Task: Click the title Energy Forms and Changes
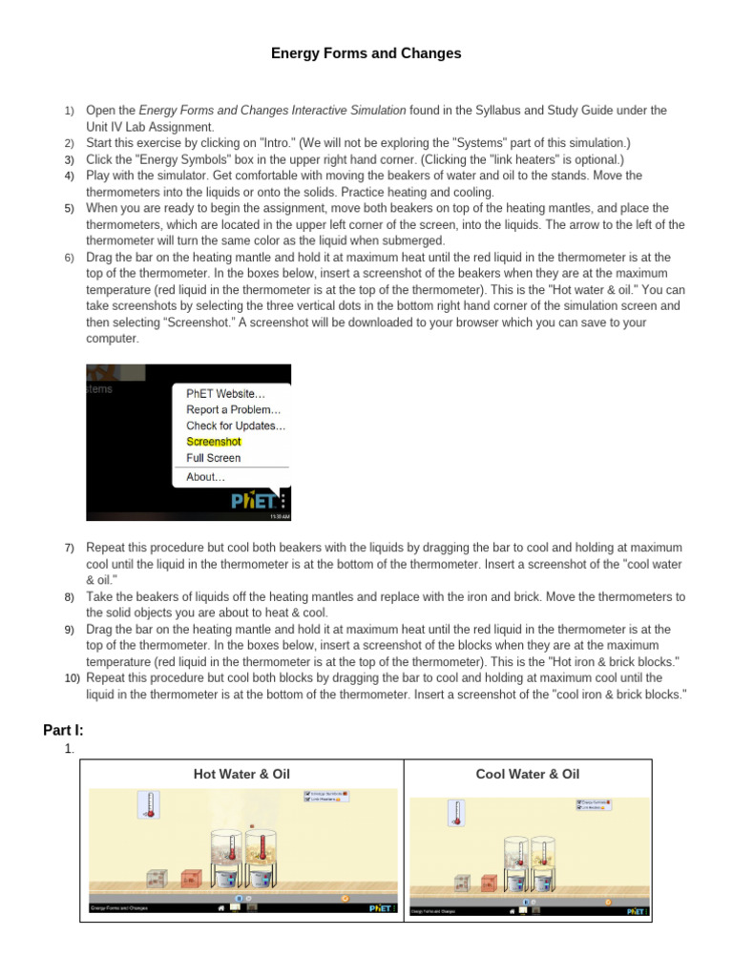[x=366, y=53]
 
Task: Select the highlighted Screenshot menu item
[x=214, y=442]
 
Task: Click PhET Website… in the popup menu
[x=225, y=392]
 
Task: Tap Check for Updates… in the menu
[x=236, y=426]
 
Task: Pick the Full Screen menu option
[x=214, y=458]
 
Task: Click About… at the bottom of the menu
[x=206, y=477]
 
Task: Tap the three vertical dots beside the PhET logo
[x=283, y=500]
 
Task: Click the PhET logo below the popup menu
[x=254, y=500]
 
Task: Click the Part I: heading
[x=63, y=730]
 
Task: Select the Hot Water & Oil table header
[x=241, y=774]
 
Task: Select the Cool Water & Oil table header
[x=527, y=774]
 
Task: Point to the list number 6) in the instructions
[x=69, y=258]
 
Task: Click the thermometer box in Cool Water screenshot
[x=456, y=813]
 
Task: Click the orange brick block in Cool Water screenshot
[x=490, y=883]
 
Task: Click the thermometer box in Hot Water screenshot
[x=148, y=805]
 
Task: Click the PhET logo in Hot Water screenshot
[x=380, y=908]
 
